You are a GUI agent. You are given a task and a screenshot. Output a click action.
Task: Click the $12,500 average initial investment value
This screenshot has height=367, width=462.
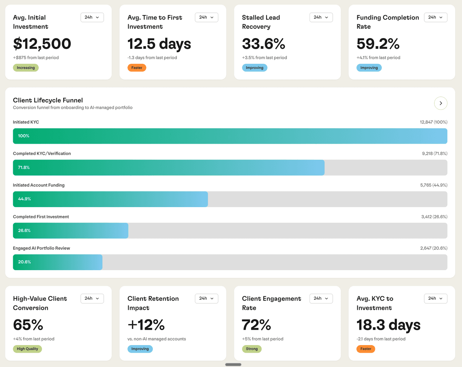coord(42,44)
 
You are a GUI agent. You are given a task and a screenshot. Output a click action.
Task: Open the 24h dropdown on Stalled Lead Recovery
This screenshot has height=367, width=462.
coord(321,17)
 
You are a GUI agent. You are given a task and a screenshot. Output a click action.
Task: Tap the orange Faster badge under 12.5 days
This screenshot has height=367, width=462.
coord(137,68)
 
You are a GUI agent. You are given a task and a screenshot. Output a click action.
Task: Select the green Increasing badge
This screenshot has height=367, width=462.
coord(26,68)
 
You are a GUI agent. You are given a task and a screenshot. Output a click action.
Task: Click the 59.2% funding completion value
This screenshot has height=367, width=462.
coord(378,44)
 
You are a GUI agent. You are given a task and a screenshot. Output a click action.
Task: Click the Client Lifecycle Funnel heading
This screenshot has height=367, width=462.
coord(48,100)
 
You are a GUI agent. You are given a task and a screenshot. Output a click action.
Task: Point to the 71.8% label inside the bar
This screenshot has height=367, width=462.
coord(24,168)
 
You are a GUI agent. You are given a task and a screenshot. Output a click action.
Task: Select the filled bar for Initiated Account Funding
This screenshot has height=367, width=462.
coord(110,199)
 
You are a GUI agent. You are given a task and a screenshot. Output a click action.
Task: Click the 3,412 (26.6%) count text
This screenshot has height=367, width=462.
coord(434,217)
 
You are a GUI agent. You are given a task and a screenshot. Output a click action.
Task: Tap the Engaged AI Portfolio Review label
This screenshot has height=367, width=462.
coord(42,248)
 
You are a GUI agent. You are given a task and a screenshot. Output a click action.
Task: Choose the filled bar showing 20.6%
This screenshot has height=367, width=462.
coord(58,262)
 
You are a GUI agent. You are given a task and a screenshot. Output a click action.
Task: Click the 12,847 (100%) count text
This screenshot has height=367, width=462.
coord(434,122)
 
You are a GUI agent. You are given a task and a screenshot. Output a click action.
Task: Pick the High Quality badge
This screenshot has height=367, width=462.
coord(27,349)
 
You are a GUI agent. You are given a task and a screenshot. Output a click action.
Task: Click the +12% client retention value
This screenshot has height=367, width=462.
coord(146,325)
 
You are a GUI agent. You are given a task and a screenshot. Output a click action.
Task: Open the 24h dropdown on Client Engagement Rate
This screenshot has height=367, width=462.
coord(321,299)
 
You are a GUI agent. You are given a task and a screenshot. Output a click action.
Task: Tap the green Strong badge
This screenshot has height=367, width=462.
coord(252,349)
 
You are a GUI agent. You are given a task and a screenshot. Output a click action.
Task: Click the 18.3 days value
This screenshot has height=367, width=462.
coord(388,325)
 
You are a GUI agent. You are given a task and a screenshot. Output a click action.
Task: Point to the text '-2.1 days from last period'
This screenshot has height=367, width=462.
coord(381,339)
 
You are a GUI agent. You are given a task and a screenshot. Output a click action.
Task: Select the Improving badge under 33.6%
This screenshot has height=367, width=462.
coord(254,68)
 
